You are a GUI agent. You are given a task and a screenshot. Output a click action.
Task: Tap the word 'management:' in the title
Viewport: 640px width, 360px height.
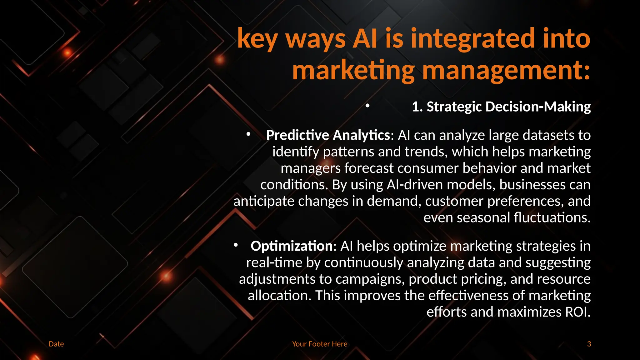point(506,71)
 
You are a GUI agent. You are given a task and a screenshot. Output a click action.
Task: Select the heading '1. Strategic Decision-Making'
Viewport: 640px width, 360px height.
point(501,107)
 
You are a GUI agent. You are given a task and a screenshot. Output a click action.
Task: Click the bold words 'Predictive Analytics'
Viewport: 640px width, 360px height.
point(328,135)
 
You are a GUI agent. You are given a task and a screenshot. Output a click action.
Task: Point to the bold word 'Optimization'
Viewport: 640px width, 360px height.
point(292,246)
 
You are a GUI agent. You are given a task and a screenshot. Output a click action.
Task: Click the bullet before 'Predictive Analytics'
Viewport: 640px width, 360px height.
point(248,134)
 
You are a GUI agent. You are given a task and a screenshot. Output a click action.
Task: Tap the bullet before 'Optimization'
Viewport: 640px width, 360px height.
point(236,245)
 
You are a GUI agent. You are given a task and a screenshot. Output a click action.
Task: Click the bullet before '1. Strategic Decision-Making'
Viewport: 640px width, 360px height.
point(367,106)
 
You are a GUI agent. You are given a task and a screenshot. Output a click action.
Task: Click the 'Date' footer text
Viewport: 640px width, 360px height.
point(56,344)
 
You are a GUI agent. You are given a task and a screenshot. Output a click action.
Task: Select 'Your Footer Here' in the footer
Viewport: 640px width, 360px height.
point(320,344)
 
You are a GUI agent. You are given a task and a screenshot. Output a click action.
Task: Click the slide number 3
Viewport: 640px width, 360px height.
point(589,344)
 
